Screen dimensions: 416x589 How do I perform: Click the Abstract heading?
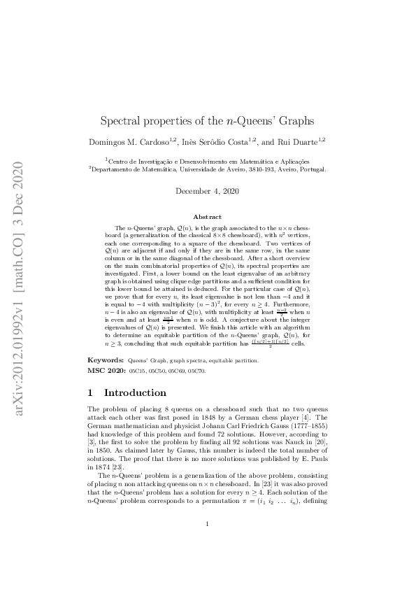[207, 218]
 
